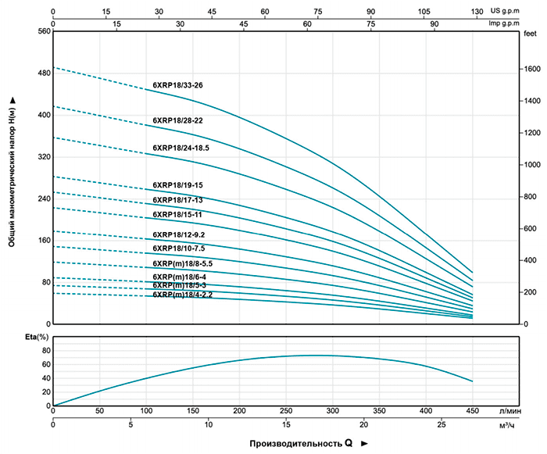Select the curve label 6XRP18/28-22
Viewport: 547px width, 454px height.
[177, 120]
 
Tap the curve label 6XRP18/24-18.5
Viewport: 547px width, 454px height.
[181, 147]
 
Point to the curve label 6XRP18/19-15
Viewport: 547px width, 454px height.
[177, 185]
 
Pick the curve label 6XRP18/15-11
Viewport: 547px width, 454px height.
[177, 214]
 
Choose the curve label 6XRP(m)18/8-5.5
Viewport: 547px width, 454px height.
[183, 263]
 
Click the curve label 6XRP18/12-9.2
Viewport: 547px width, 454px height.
[179, 234]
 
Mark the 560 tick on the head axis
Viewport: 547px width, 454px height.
[43, 31]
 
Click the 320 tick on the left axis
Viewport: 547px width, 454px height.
[43, 157]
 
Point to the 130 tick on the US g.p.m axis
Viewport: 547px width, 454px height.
[477, 12]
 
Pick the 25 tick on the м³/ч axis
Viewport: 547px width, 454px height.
[442, 425]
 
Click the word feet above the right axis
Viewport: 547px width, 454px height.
[531, 34]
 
